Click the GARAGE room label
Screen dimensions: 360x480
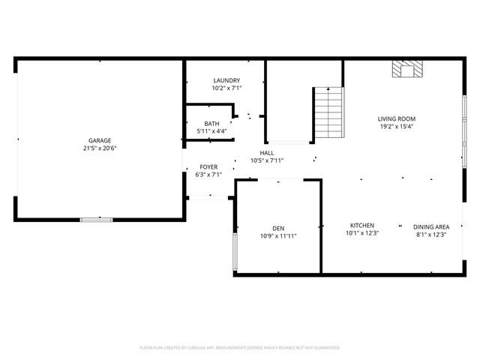[x=100, y=140]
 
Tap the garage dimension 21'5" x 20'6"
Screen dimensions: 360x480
[x=100, y=148]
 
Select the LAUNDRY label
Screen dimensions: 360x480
[x=226, y=80]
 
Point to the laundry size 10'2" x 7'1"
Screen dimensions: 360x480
[x=226, y=88]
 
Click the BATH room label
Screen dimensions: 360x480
[x=211, y=124]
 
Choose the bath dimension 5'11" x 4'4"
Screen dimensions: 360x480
[x=211, y=131]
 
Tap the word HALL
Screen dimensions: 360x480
[x=267, y=152]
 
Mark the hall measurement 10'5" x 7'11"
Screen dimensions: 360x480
[x=267, y=160]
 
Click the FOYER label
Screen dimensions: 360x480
[x=208, y=166]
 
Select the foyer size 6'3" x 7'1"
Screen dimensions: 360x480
[x=208, y=175]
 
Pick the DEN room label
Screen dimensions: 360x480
[x=278, y=228]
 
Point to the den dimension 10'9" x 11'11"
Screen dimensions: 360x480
[x=278, y=236]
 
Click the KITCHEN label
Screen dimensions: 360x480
[x=362, y=226]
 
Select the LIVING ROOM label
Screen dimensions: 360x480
[x=396, y=118]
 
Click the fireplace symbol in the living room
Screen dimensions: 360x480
[x=408, y=70]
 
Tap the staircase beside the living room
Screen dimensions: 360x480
[x=328, y=112]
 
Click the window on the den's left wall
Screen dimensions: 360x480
[x=235, y=252]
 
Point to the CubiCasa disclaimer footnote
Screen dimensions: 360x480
[x=240, y=347]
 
